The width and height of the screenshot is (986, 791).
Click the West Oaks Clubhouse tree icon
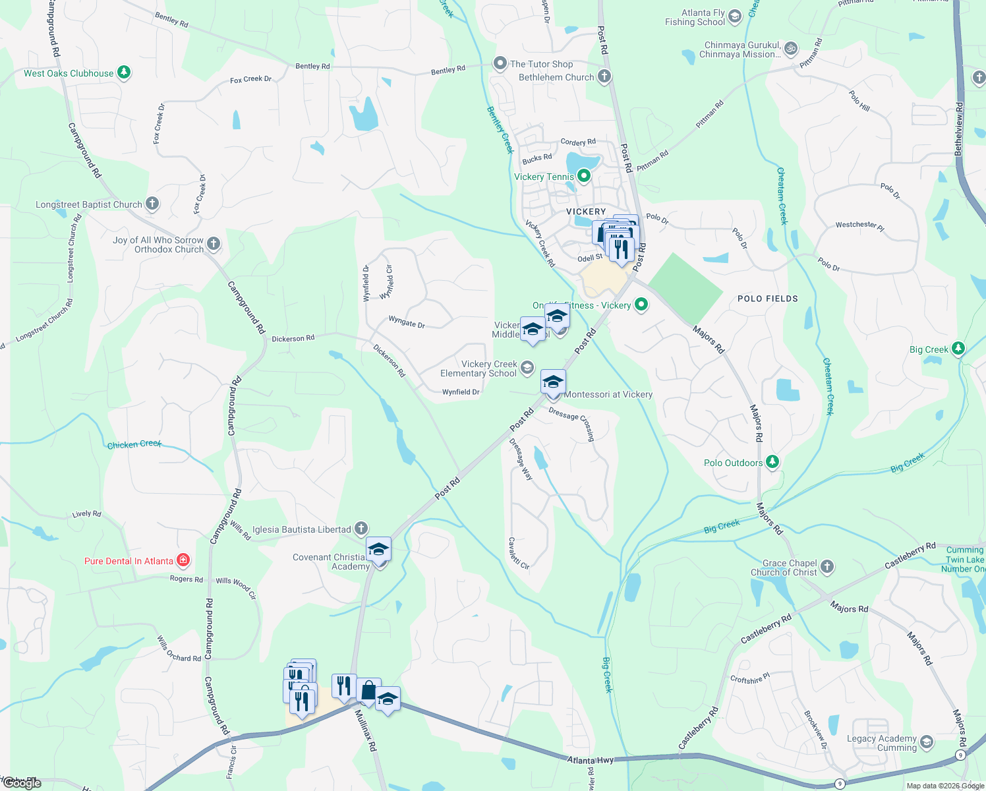(124, 73)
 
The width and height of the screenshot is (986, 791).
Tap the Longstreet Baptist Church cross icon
(152, 204)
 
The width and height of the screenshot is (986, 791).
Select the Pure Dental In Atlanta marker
(183, 561)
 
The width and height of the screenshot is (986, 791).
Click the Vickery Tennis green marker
(583, 176)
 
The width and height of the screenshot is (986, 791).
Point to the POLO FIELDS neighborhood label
(767, 299)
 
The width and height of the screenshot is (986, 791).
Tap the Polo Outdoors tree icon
(772, 462)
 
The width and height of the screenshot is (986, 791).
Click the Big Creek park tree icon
(958, 349)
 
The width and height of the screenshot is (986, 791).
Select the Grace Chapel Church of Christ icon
(826, 566)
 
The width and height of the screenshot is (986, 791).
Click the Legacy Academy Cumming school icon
(926, 743)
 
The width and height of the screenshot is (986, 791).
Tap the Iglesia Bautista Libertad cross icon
(361, 529)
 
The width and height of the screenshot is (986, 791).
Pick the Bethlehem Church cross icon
(604, 76)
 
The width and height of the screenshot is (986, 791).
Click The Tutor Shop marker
(500, 64)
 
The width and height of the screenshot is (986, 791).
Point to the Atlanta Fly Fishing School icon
(735, 16)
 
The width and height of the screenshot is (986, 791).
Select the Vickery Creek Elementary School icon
(527, 368)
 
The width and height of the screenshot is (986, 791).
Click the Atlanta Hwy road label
(591, 760)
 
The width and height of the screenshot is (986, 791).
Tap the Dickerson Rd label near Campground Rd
(293, 339)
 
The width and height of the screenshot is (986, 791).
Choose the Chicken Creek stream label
(134, 445)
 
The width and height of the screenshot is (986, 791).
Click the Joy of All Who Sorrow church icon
(213, 244)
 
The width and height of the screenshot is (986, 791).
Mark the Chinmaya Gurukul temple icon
(791, 49)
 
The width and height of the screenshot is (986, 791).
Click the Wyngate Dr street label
(407, 322)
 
